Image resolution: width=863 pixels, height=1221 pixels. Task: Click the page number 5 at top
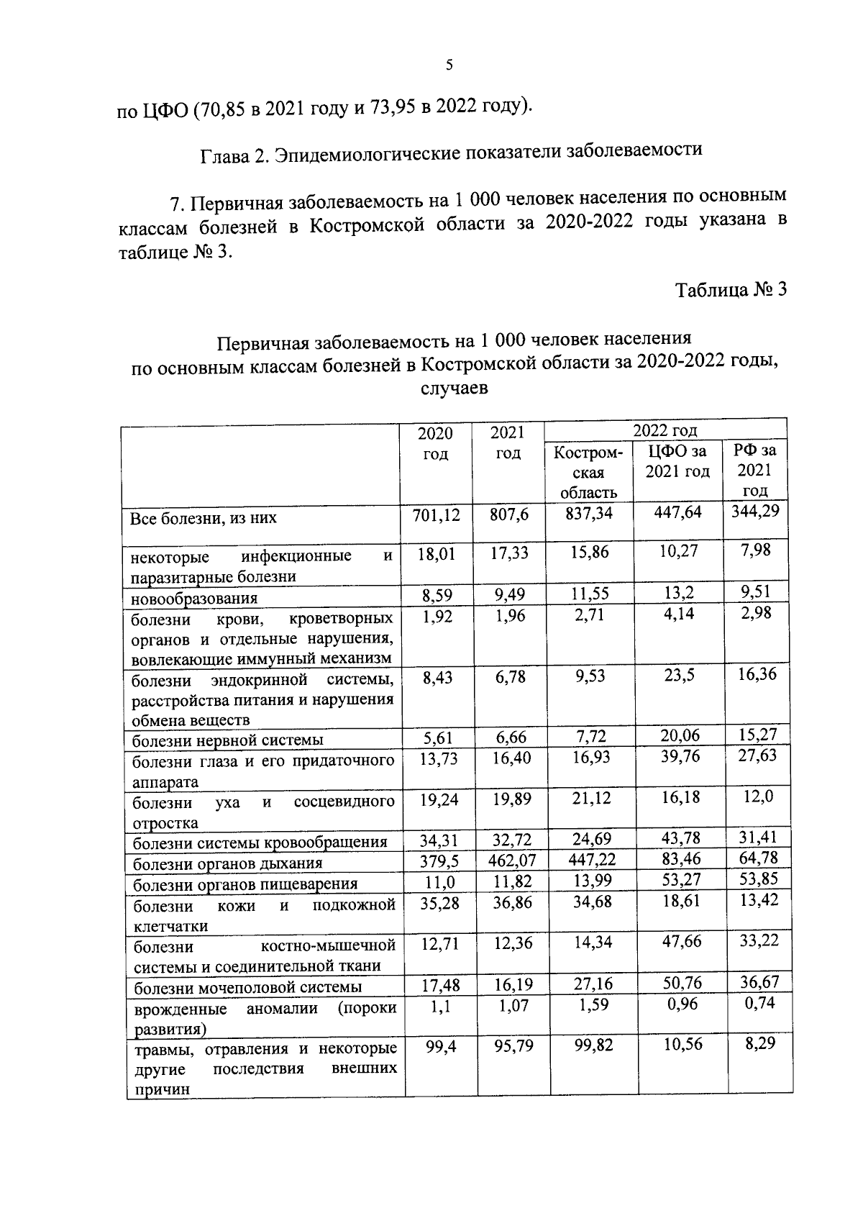point(449,65)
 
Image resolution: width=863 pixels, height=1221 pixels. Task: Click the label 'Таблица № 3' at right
point(731,290)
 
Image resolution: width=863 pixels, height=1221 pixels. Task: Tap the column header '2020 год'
point(436,443)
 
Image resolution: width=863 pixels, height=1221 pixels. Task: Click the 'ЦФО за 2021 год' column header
point(677,461)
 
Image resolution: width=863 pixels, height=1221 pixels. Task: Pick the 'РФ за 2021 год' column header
point(754,471)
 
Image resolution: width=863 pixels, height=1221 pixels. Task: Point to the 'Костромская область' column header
point(588,473)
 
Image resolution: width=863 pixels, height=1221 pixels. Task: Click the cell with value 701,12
point(436,514)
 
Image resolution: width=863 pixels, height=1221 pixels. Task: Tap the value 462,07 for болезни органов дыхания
point(511,861)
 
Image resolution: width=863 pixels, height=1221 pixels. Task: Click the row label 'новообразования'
point(195,599)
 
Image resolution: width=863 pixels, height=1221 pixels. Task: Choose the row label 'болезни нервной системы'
point(228,740)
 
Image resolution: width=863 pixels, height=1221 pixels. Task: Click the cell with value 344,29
point(755,512)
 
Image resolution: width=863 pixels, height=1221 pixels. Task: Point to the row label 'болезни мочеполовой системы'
point(247,987)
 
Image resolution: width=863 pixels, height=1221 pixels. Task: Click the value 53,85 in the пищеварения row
point(759,879)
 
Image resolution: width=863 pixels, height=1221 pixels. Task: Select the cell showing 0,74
point(759,1003)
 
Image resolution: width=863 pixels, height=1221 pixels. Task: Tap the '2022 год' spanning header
point(665,430)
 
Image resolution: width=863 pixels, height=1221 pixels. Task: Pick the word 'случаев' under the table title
point(453,389)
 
